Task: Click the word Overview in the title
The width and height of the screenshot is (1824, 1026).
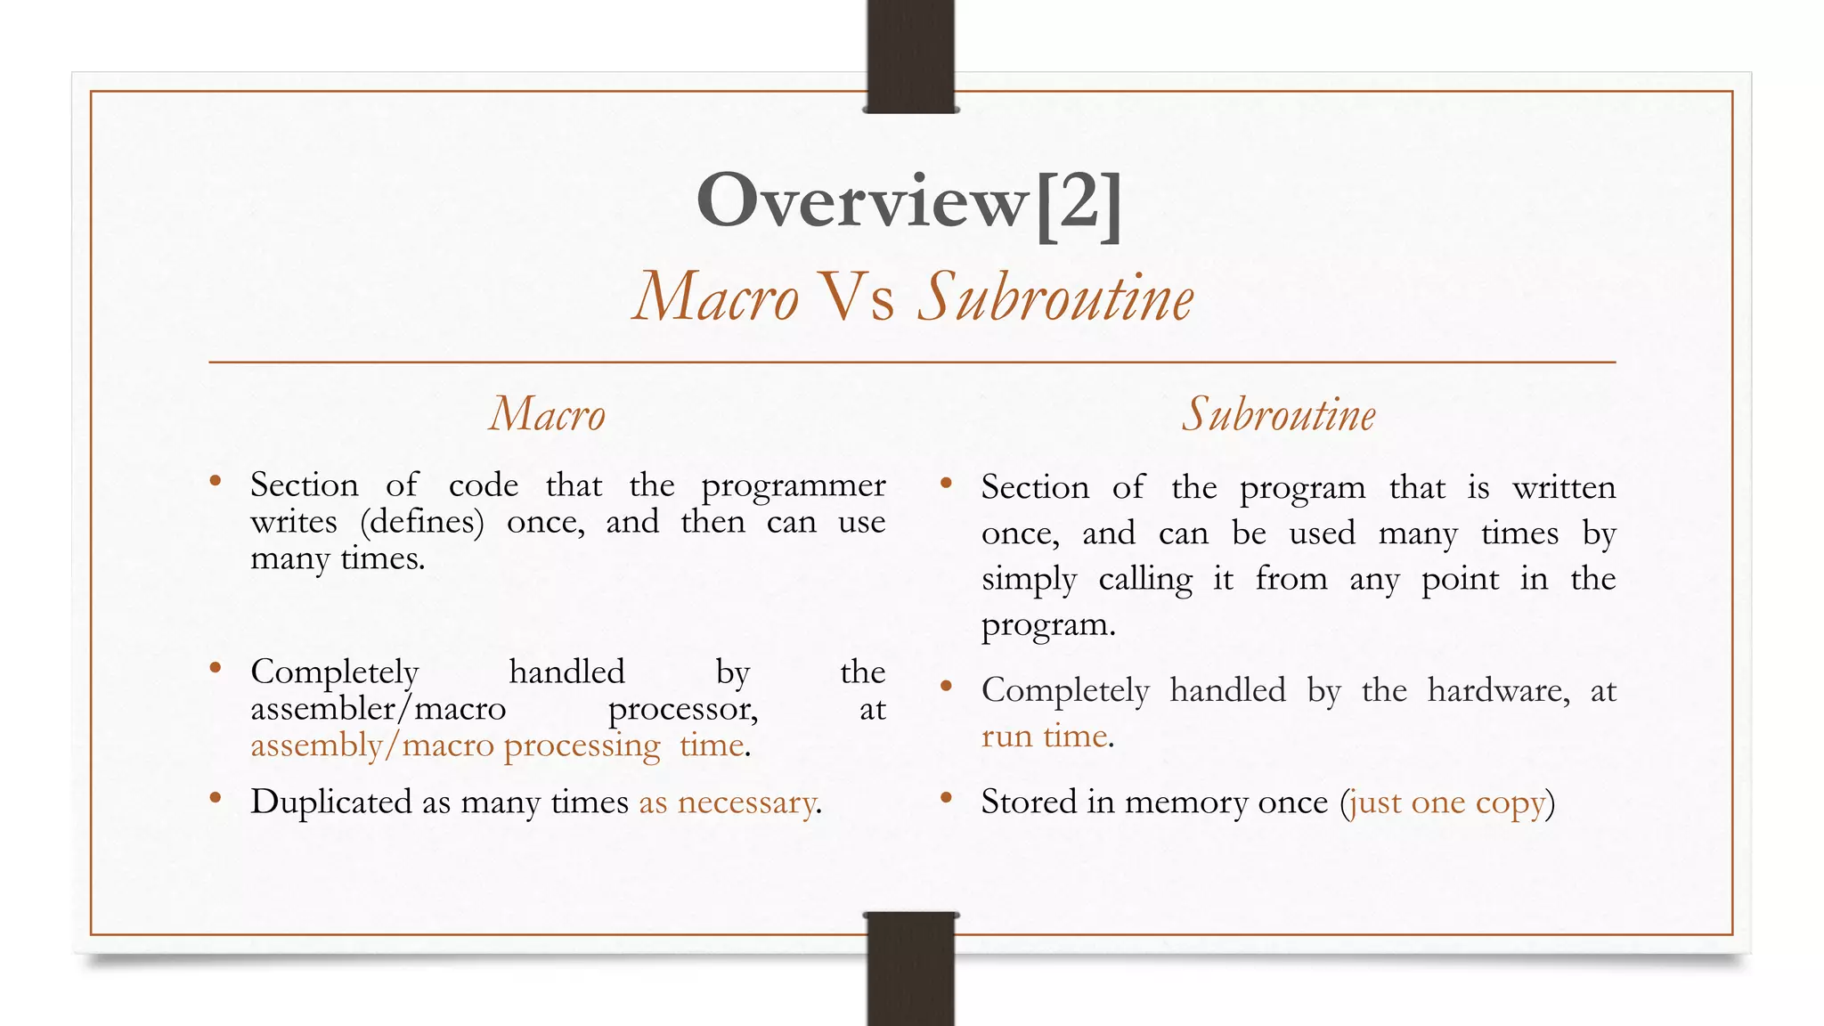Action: pyautogui.click(x=862, y=201)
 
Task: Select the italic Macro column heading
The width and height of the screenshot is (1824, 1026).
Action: pyautogui.click(x=548, y=415)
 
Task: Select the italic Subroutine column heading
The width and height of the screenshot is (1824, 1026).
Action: pyautogui.click(x=1279, y=415)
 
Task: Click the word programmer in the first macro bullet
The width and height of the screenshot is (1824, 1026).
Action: pyautogui.click(x=793, y=486)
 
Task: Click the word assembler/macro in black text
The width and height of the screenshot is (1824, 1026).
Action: pyautogui.click(x=378, y=709)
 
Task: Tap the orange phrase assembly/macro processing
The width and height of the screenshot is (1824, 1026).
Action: pyautogui.click(x=455, y=745)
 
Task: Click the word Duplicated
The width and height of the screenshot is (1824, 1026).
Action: pyautogui.click(x=330, y=802)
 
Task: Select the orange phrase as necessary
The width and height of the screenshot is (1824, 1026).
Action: pyautogui.click(x=727, y=802)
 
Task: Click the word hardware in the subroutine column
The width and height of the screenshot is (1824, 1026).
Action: pyautogui.click(x=1498, y=691)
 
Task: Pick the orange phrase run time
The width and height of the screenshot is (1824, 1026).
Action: pyautogui.click(x=1045, y=737)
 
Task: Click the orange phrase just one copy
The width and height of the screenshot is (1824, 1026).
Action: pyautogui.click(x=1447, y=802)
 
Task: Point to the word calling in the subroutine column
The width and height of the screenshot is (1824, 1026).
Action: pyautogui.click(x=1145, y=580)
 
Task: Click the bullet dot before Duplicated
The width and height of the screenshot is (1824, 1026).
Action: pyautogui.click(x=216, y=797)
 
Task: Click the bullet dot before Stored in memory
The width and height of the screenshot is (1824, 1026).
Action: pyautogui.click(x=947, y=797)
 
